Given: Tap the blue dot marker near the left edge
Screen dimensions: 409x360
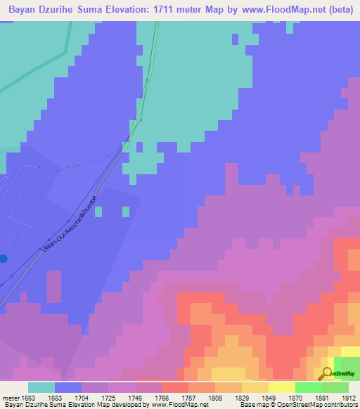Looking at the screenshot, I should click(x=4, y=259).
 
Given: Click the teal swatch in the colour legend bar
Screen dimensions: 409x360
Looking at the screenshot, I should click(x=41, y=387).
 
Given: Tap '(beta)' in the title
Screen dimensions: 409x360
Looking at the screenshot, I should click(x=339, y=11).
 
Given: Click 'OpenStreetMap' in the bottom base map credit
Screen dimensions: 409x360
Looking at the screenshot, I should click(x=297, y=405).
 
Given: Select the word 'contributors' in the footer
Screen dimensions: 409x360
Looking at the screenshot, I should click(x=338, y=405).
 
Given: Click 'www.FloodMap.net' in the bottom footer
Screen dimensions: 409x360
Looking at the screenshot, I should click(x=179, y=405).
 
